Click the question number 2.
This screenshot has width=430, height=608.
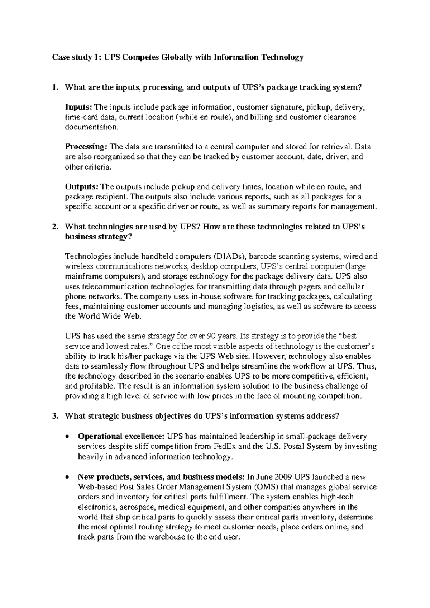54,227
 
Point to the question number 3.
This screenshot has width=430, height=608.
54,416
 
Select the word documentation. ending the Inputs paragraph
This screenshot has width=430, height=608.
91,127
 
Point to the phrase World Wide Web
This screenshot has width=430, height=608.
110,316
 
